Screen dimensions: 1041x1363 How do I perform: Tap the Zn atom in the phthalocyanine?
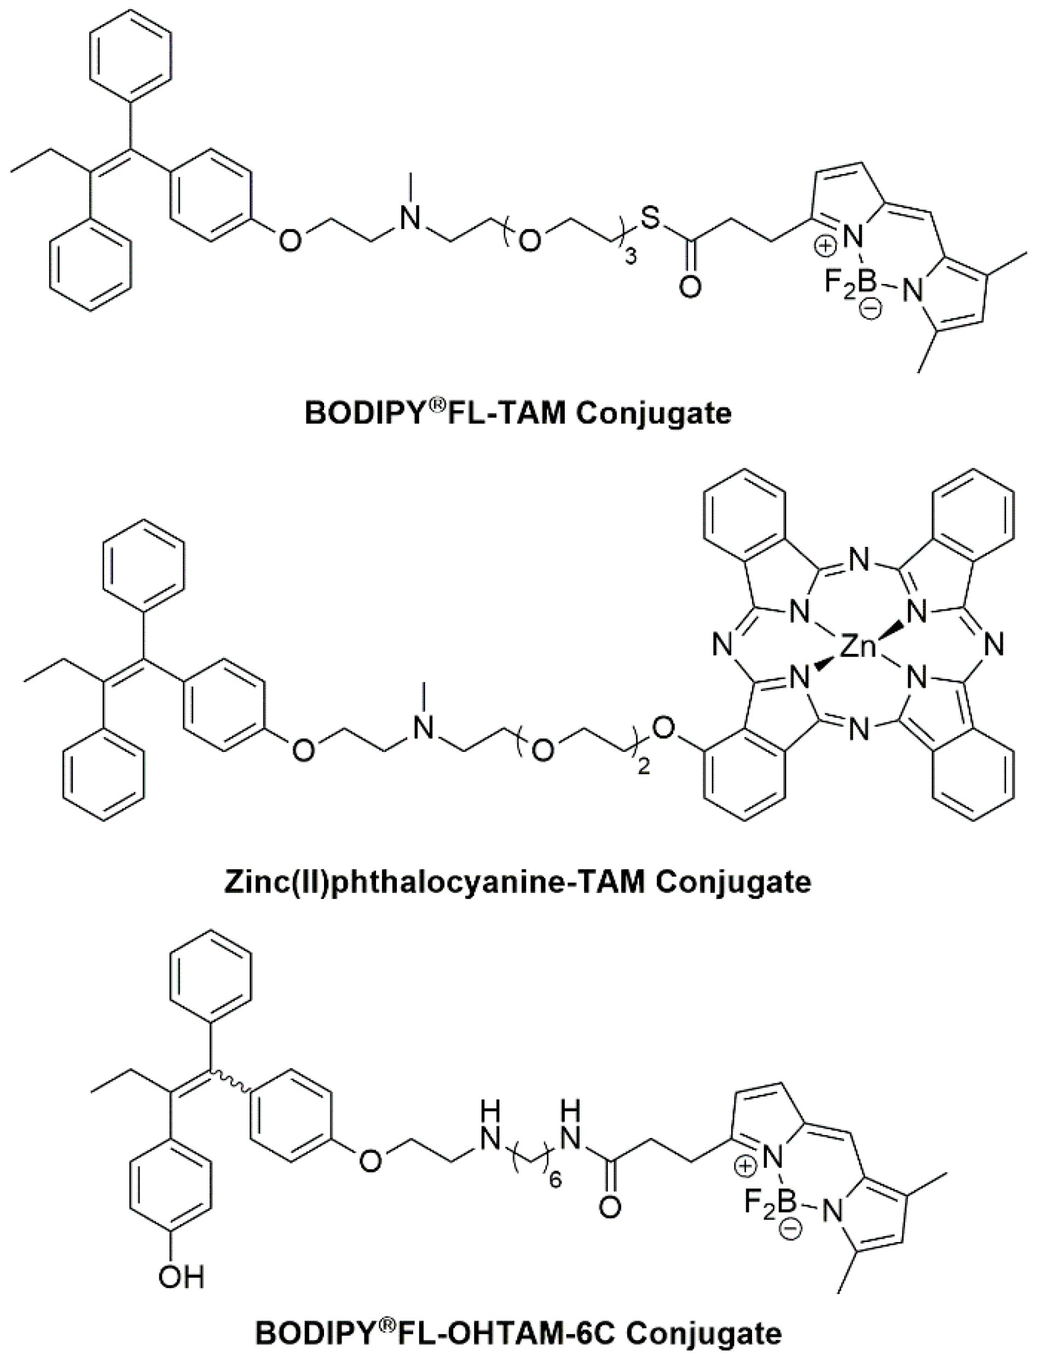point(859,648)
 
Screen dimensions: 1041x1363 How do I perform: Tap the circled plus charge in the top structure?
point(826,247)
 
